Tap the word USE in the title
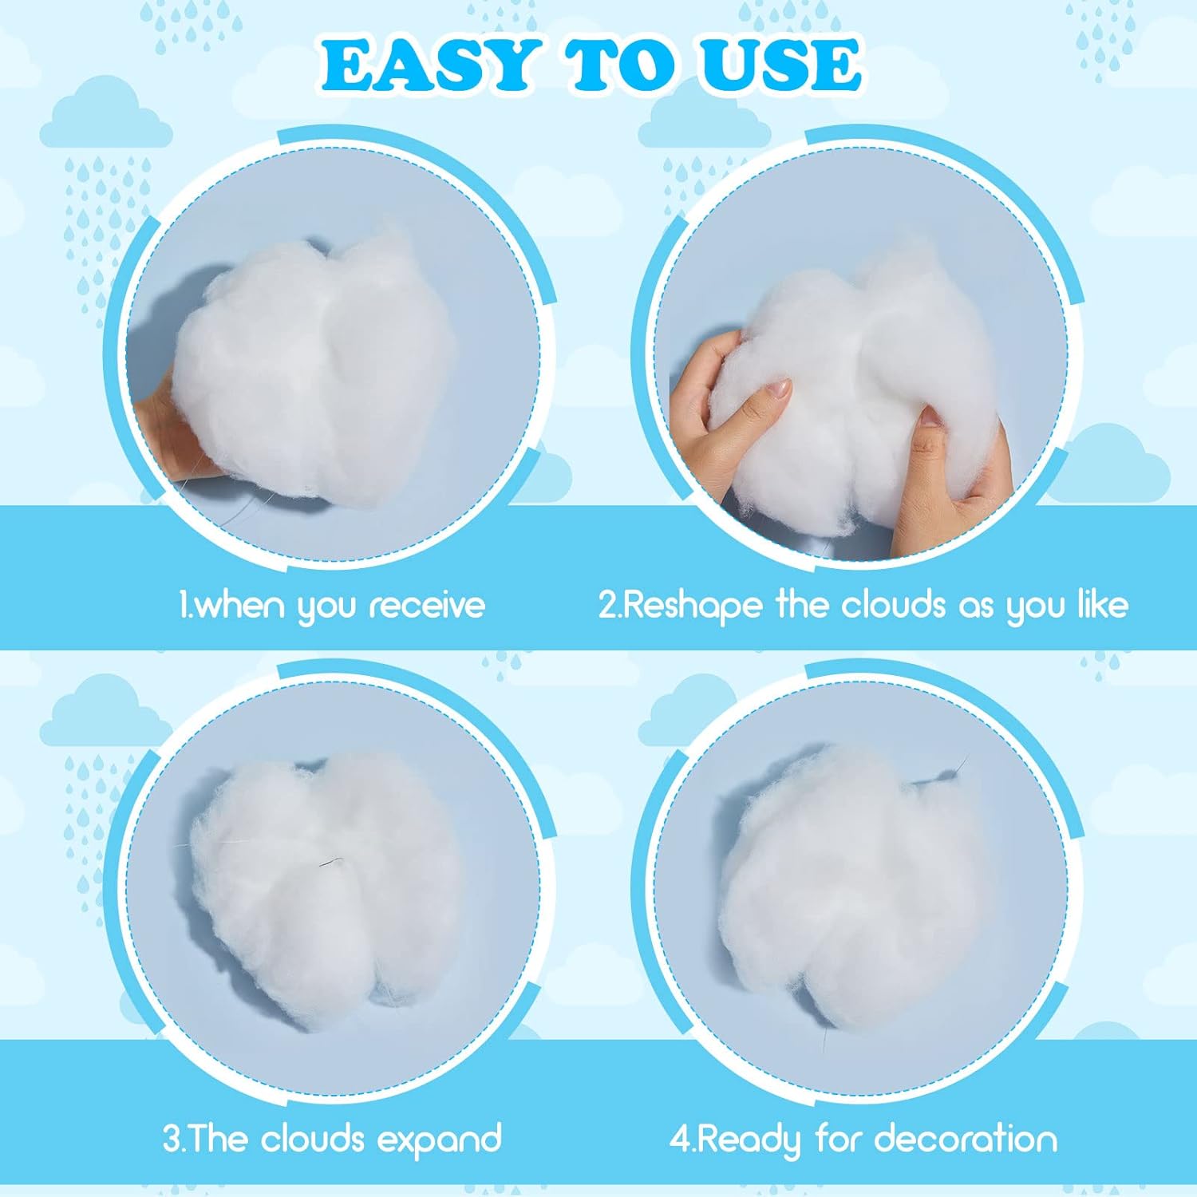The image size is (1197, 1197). coord(781,65)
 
